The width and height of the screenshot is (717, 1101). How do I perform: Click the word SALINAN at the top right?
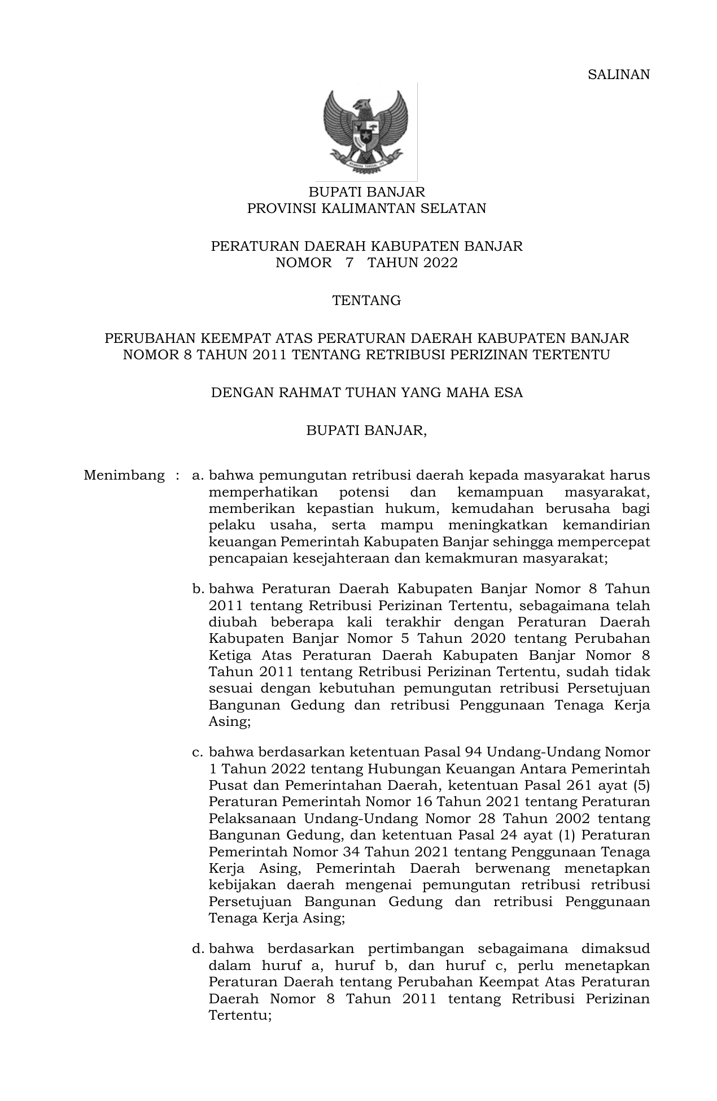coord(619,75)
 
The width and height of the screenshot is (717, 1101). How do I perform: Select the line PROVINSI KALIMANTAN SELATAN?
coord(366,208)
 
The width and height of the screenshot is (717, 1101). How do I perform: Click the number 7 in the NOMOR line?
coord(349,263)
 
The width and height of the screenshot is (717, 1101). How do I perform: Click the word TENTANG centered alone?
coord(366,301)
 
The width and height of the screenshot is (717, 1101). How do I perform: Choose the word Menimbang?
coord(124,476)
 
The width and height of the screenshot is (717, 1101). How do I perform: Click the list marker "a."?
coord(198,476)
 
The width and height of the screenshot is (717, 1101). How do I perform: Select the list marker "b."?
coord(198,589)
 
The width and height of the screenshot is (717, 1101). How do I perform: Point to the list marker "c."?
coord(198,752)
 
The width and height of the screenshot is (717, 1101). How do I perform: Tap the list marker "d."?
coord(198,948)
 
